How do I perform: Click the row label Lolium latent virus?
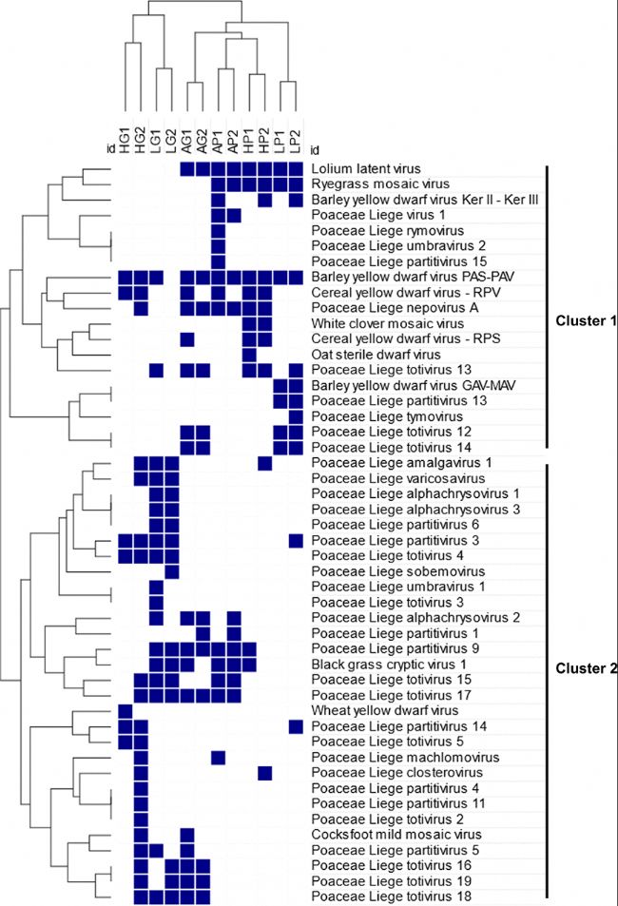[x=365, y=168]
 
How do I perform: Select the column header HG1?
[x=126, y=140]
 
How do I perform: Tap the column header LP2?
[x=296, y=141]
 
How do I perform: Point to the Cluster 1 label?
[x=586, y=320]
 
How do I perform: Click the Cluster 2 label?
[x=586, y=668]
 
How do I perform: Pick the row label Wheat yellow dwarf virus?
[x=384, y=711]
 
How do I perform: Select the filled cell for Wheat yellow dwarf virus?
[x=126, y=711]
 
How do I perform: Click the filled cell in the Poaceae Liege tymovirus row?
[x=296, y=416]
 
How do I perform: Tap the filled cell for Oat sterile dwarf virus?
[x=250, y=355]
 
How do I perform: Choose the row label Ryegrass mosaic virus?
[x=379, y=183]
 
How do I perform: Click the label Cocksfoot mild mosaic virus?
[x=396, y=835]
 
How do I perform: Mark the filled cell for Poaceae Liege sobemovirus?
[x=172, y=571]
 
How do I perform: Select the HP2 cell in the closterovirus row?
[x=264, y=773]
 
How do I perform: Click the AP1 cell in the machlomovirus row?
[x=219, y=758]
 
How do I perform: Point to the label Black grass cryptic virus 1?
[x=389, y=665]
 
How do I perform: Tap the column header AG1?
[x=187, y=141]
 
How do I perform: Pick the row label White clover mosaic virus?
[x=387, y=323]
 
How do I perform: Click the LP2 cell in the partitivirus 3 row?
[x=296, y=541]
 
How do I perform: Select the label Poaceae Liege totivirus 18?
[x=392, y=896]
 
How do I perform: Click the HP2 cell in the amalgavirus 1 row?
[x=264, y=463]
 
